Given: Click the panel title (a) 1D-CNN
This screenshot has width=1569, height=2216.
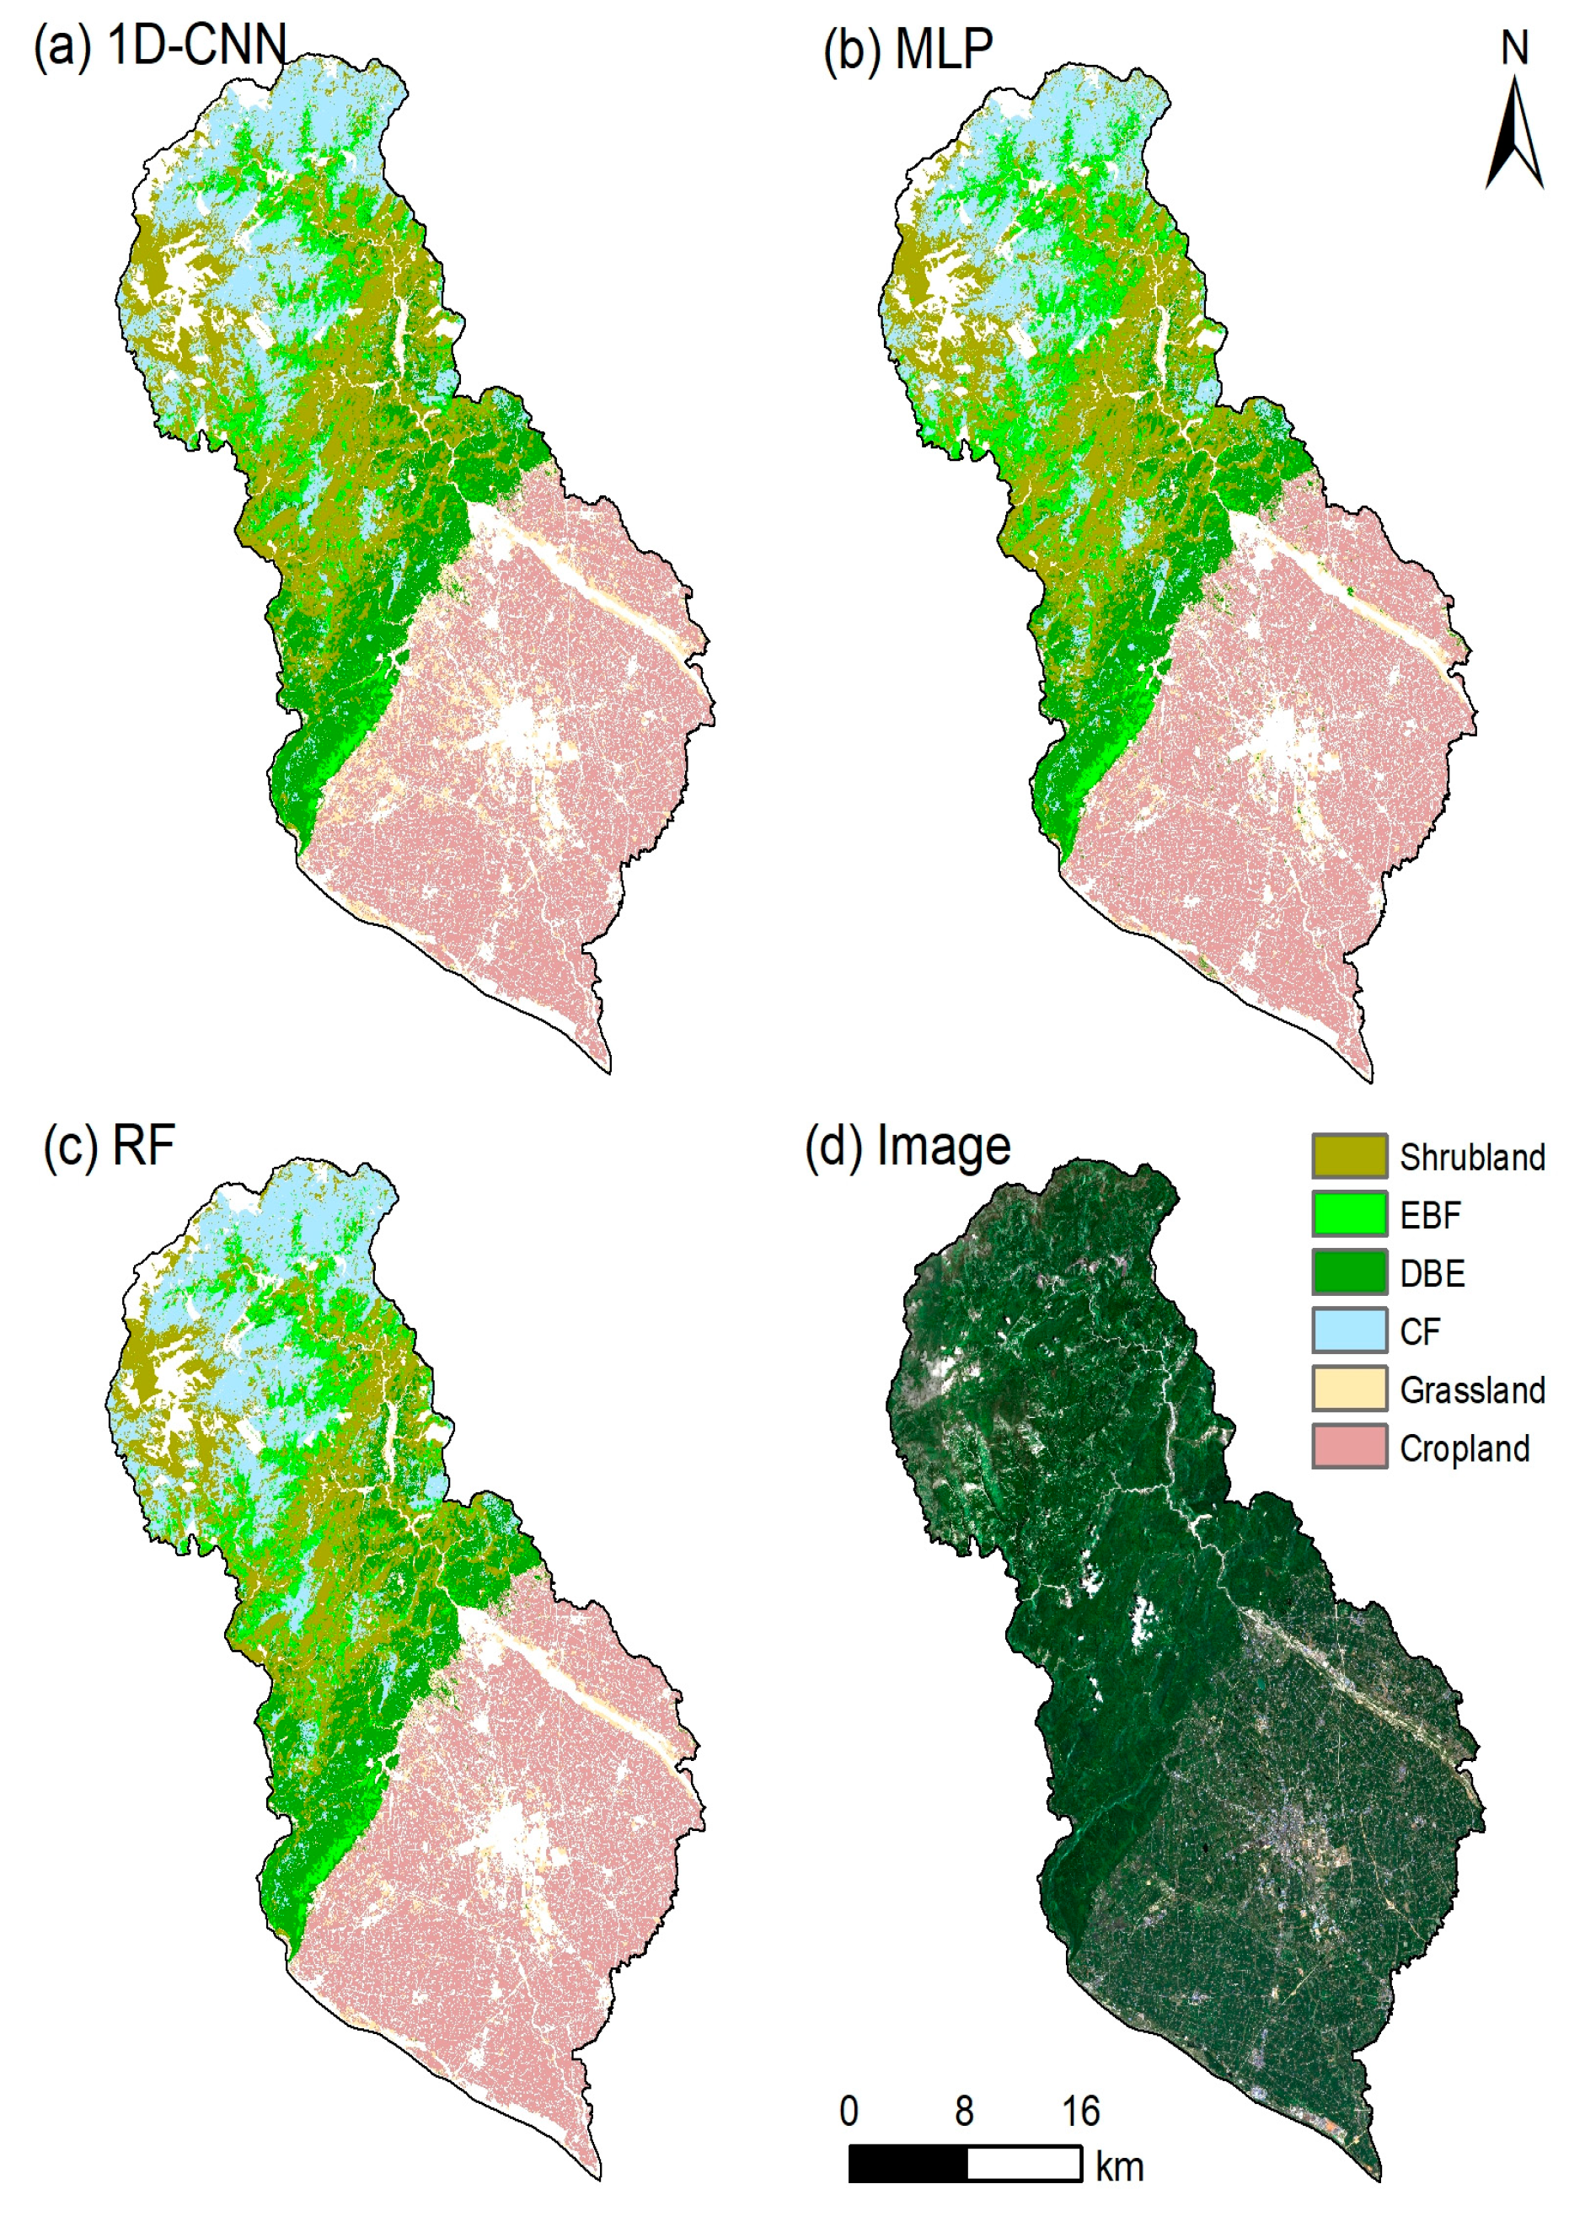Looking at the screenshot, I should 160,45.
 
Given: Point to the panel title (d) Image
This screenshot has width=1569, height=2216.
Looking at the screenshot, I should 908,1147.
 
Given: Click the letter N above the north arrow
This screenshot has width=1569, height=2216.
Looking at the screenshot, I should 1514,48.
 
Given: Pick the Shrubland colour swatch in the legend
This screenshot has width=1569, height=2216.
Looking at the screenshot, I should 1349,1156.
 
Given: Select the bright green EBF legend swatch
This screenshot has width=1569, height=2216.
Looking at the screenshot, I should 1349,1214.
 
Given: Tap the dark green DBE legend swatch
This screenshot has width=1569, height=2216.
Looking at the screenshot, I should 1349,1272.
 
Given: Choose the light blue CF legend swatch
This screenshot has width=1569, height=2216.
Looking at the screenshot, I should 1349,1330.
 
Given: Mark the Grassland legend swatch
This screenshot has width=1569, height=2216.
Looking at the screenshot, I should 1349,1389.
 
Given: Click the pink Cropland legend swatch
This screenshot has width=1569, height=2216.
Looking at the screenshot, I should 1349,1447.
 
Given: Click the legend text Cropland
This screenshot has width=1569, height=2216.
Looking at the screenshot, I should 1464,1449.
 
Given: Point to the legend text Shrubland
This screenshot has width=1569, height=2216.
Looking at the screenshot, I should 1471,1157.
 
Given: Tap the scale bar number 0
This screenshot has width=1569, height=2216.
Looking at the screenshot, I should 849,2112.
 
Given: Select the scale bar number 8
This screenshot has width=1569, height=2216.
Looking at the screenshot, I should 964,2112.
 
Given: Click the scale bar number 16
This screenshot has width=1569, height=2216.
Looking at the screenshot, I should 1080,2112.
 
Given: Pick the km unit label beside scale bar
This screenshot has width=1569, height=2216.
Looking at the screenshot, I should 1119,2167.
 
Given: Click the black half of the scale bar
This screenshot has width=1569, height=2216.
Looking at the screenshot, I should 908,2164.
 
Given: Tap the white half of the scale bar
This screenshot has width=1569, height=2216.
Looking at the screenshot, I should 1023,2164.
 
